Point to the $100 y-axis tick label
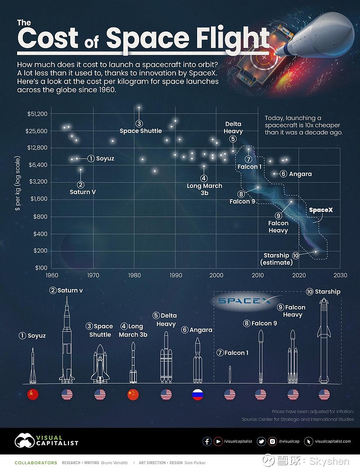point(40,268)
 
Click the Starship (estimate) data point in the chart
point(316,252)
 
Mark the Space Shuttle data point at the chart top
point(139,107)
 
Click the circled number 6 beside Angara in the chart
point(283,174)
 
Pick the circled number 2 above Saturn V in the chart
point(81,184)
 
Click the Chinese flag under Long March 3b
point(133,395)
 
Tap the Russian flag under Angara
point(198,395)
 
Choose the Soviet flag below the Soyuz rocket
point(33,395)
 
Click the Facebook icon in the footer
point(207,441)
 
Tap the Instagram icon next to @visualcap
point(272,441)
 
